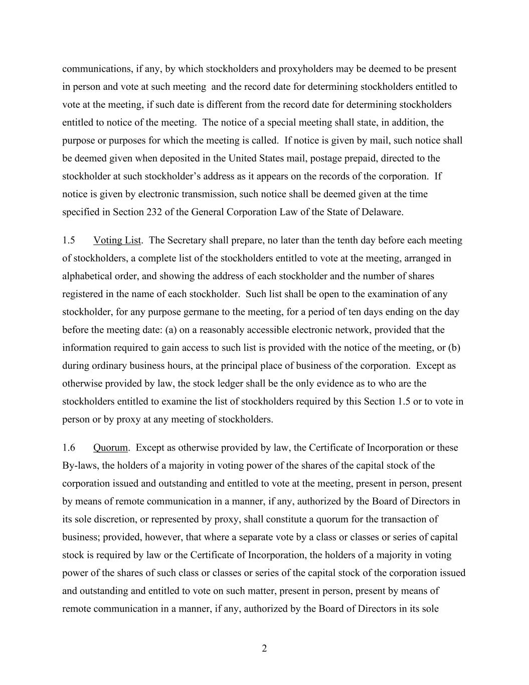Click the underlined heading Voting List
[x=117, y=240]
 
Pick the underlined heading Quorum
[x=110, y=448]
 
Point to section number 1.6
[x=69, y=448]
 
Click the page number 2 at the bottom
[x=264, y=648]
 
